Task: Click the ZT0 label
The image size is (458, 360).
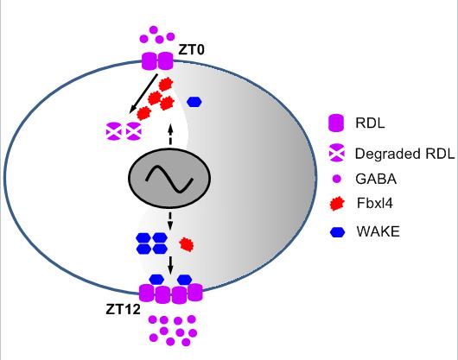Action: (191, 50)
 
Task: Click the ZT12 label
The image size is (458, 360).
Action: (123, 310)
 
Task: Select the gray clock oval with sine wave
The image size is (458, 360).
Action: (169, 178)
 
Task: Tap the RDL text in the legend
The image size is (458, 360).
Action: (370, 123)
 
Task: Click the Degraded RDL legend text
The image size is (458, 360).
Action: (404, 154)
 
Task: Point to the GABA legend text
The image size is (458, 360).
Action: (376, 179)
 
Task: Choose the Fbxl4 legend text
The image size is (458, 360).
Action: (375, 203)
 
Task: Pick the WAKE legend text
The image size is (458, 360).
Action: (378, 231)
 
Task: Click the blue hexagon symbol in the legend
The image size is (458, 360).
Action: (337, 232)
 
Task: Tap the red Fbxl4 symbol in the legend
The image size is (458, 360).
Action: (337, 204)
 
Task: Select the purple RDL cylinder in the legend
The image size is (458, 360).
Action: (336, 123)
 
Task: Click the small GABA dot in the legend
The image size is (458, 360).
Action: (337, 179)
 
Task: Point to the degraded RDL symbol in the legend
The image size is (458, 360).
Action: (337, 153)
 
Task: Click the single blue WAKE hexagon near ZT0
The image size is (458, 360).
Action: (194, 102)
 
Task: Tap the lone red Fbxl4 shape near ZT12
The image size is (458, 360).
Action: (187, 244)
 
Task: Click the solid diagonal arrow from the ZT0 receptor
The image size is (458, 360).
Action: (143, 93)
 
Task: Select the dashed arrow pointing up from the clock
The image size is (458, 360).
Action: (170, 134)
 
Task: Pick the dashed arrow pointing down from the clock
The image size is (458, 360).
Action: (170, 221)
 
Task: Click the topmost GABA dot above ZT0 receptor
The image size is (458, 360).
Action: (154, 29)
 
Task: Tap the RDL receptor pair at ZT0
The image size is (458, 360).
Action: (157, 61)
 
